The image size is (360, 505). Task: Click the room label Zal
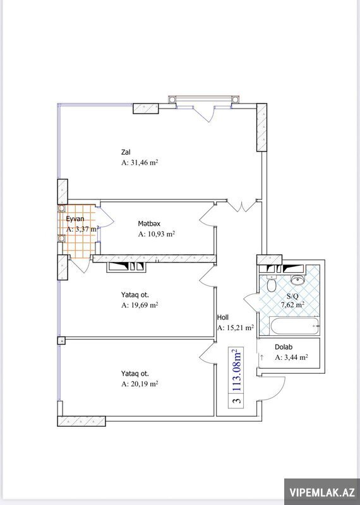[x=126, y=152]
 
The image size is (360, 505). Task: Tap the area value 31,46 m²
[x=143, y=163]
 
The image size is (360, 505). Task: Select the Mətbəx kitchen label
[x=149, y=223]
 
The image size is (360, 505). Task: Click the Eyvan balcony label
[x=75, y=219]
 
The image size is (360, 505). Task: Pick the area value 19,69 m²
[x=144, y=305]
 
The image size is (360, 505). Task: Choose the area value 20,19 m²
[x=144, y=384]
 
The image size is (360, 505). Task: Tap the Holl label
[x=223, y=318]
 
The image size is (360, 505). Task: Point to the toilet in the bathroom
[x=272, y=283]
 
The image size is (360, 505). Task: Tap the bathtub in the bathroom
[x=295, y=326]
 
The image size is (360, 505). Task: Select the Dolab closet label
[x=284, y=347]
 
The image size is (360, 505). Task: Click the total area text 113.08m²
[x=237, y=370]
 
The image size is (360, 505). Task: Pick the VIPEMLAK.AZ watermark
[x=322, y=492]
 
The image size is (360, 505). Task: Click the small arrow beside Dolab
[x=261, y=357]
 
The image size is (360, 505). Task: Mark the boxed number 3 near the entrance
[x=237, y=401]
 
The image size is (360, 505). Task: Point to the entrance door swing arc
[x=280, y=392]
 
